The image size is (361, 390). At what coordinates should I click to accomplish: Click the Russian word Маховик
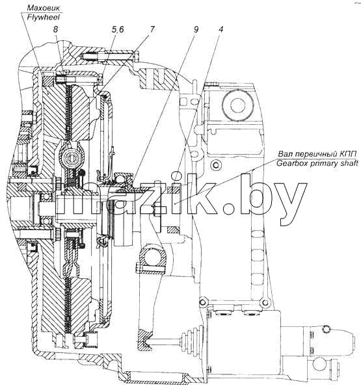click(x=44, y=8)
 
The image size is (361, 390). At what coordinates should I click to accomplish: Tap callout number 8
click(x=55, y=29)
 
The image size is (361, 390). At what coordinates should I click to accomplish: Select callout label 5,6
click(x=118, y=30)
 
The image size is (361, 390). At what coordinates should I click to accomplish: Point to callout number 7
click(x=152, y=29)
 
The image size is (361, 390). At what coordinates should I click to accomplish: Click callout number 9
click(x=196, y=29)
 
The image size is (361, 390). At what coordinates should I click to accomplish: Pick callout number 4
click(x=221, y=29)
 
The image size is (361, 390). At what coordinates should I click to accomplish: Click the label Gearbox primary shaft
click(x=317, y=163)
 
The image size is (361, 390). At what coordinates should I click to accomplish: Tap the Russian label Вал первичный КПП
click(x=317, y=154)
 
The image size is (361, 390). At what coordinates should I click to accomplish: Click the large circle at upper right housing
click(x=239, y=105)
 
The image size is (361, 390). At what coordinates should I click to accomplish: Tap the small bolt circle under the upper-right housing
click(x=215, y=165)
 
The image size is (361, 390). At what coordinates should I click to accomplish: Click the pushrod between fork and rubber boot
click(x=167, y=342)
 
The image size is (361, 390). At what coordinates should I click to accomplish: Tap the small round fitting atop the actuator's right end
click(x=326, y=329)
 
